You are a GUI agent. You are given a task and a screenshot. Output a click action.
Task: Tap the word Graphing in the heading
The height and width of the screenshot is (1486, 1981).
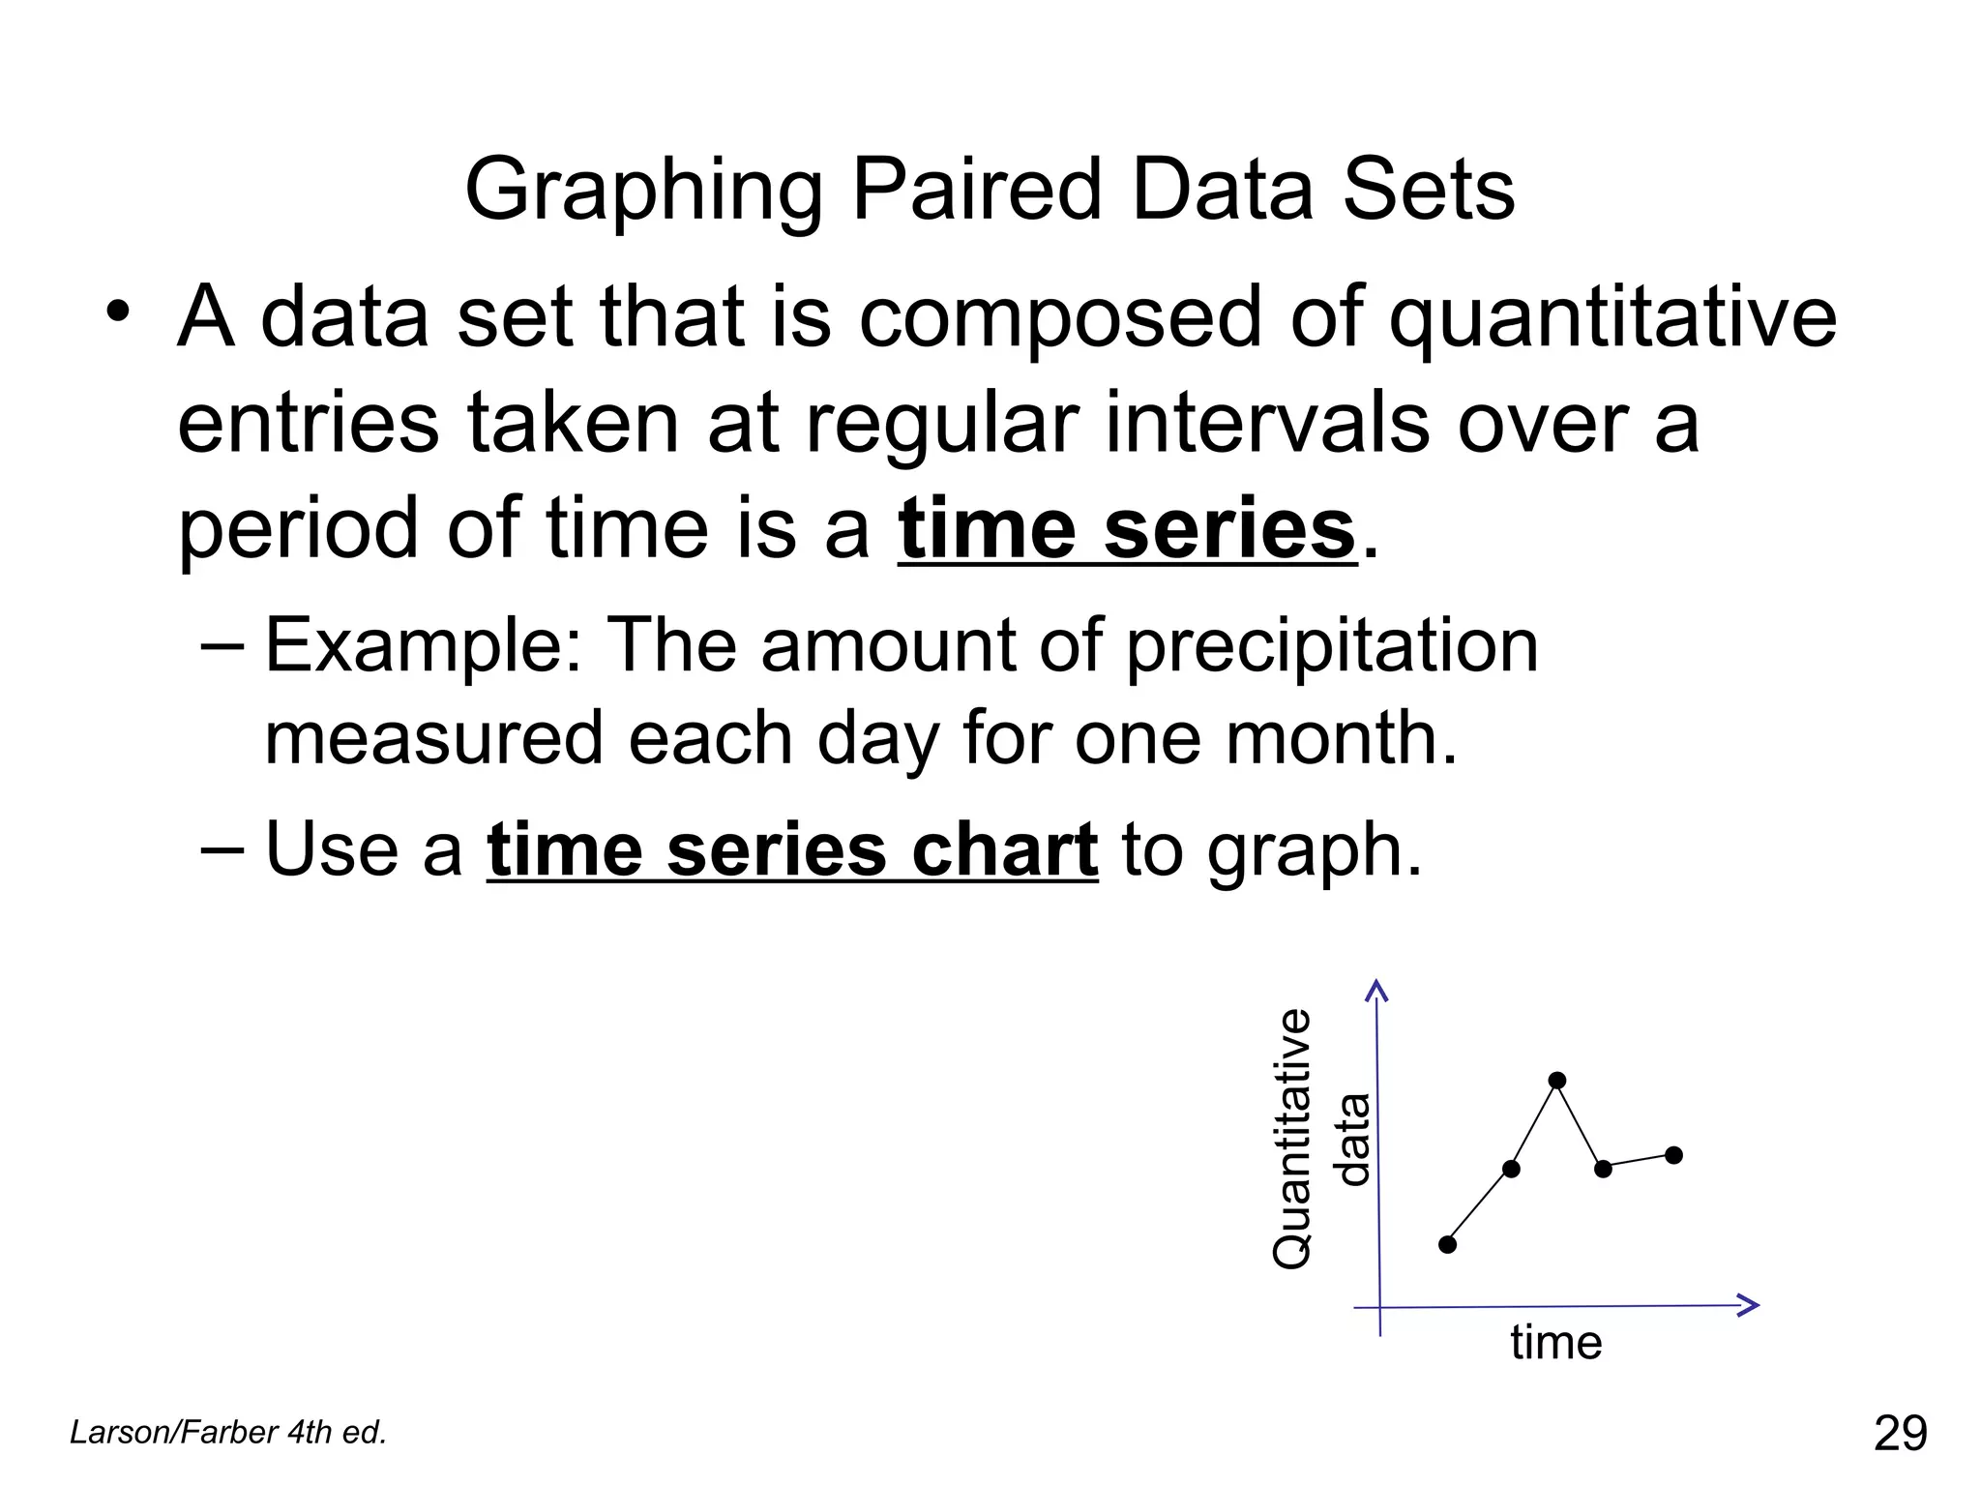pos(643,191)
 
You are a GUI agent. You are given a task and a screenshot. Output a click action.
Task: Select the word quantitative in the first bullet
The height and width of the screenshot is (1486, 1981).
pos(1612,319)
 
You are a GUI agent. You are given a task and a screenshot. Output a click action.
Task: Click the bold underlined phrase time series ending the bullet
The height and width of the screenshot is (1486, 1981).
pos(1127,530)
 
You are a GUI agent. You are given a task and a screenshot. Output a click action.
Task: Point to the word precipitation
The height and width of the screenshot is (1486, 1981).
pos(1332,645)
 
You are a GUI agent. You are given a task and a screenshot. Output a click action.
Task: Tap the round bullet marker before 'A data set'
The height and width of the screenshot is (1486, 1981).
pos(118,312)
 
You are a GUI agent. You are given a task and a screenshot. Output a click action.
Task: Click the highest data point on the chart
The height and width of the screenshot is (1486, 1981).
pos(1557,1081)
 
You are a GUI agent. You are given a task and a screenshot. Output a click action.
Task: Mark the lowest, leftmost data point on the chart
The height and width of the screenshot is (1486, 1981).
pos(1447,1244)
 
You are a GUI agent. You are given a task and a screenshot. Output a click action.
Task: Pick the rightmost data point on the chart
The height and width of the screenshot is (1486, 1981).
pos(1674,1155)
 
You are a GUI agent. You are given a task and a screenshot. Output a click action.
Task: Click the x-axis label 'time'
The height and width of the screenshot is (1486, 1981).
pos(1555,1343)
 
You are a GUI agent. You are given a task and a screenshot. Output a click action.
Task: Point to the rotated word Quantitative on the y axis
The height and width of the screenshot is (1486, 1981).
pos(1292,1139)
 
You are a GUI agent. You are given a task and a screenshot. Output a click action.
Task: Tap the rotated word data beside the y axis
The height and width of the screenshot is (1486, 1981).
pos(1351,1139)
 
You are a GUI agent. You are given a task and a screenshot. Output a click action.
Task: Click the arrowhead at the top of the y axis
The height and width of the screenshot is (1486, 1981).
pos(1376,989)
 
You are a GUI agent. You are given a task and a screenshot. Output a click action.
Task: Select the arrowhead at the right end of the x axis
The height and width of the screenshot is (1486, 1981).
pos(1749,1305)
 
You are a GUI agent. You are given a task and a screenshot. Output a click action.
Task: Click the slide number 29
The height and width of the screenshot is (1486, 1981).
pos(1900,1433)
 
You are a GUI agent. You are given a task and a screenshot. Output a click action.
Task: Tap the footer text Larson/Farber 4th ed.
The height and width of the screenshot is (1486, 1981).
pos(228,1432)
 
